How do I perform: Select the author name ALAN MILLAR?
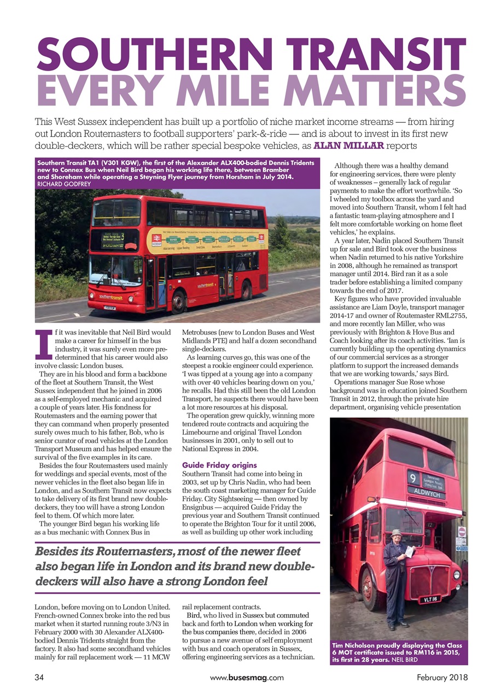[351, 146]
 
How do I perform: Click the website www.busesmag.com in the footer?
[247, 677]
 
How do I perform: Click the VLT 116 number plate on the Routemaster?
[430, 599]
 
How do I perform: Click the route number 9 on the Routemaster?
[414, 477]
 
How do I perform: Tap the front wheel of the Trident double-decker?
[178, 301]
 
